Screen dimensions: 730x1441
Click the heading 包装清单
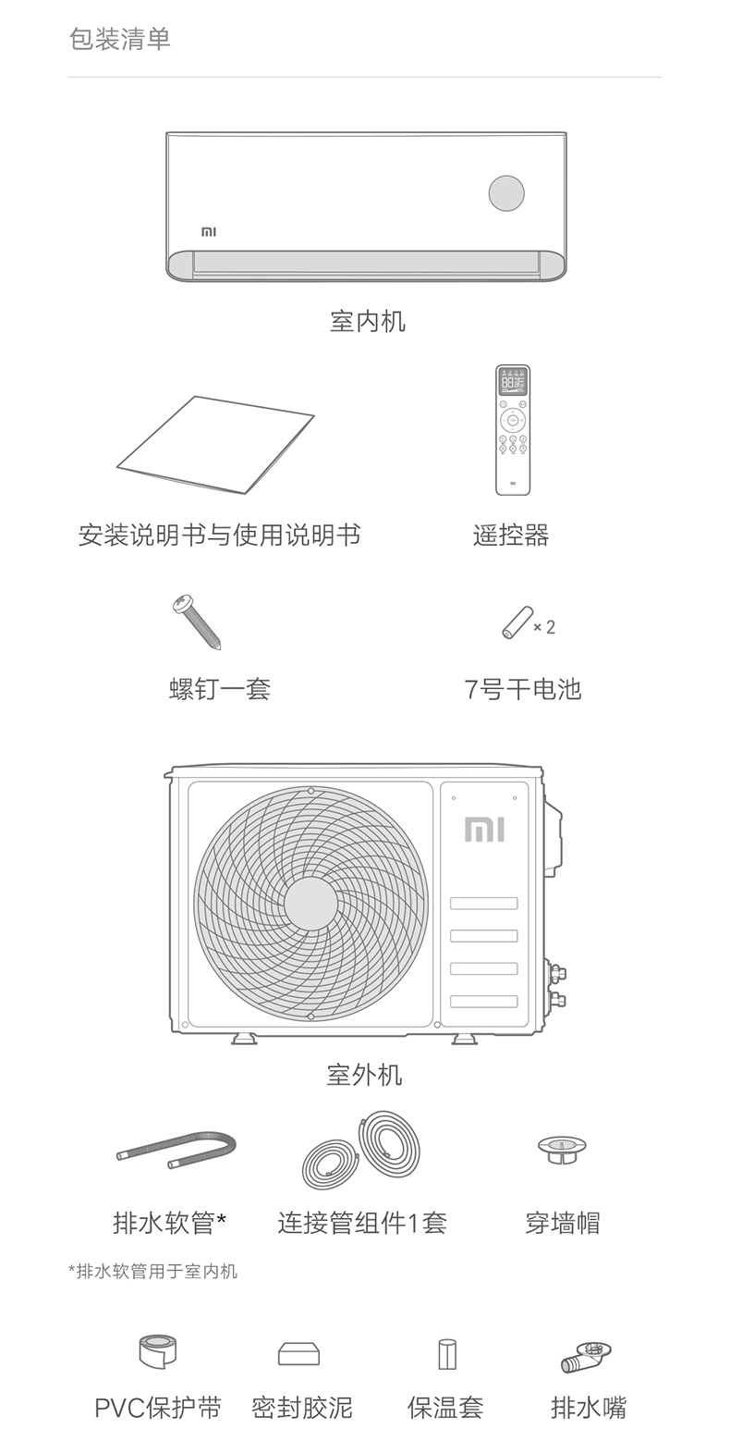[x=119, y=39]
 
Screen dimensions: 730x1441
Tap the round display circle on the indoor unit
[x=506, y=193]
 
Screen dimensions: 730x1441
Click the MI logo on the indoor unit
[x=209, y=231]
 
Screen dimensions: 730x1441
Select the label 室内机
[x=367, y=321]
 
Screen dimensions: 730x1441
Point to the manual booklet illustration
[x=216, y=444]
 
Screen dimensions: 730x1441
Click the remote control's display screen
[x=513, y=382]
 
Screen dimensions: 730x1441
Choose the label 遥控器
[x=511, y=535]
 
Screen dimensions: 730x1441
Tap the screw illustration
[x=197, y=621]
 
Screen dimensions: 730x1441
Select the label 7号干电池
[x=522, y=689]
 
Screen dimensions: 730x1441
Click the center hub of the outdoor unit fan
[x=310, y=903]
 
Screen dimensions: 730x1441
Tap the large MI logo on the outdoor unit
[x=484, y=829]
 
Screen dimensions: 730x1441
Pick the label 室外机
[x=364, y=1074]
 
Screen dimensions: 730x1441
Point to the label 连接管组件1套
[x=361, y=1223]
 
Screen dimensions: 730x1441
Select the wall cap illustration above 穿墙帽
[x=562, y=1150]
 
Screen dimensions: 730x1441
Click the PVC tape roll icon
[x=157, y=1351]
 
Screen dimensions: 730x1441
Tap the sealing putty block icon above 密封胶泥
[x=298, y=1354]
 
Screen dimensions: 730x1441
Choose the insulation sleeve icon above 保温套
[x=446, y=1354]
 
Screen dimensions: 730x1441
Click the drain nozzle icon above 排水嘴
[x=586, y=1356]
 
